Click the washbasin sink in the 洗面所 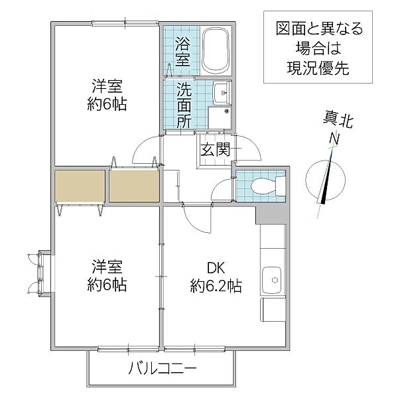tap(221, 92)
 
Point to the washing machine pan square tap(218, 117)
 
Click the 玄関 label tap(215, 150)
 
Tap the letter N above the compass tap(337, 140)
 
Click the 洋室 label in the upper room tap(107, 87)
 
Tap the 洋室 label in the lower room tap(107, 269)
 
